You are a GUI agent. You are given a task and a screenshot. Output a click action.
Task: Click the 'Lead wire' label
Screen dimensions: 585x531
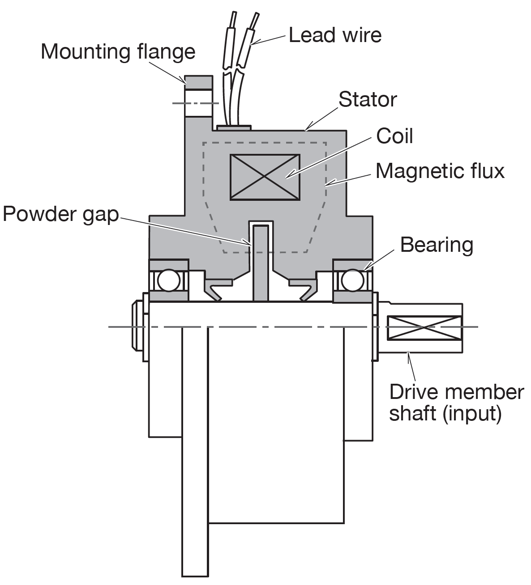coord(335,35)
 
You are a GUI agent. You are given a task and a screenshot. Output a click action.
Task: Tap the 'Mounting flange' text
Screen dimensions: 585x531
coord(118,52)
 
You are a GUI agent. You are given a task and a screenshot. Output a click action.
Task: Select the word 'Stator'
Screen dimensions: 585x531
coord(368,99)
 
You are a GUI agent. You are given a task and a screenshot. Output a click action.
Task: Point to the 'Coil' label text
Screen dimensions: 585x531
coord(394,136)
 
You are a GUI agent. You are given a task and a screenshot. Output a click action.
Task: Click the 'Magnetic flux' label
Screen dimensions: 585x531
coord(440,171)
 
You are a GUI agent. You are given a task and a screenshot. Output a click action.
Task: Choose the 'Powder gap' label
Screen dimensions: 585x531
coord(61,215)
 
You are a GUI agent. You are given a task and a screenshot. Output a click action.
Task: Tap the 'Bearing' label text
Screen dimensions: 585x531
coord(436,245)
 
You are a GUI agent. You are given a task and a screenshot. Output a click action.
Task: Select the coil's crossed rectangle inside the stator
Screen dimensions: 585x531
coord(264,177)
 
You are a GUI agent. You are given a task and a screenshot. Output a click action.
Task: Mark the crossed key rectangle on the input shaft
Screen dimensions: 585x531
coord(424,327)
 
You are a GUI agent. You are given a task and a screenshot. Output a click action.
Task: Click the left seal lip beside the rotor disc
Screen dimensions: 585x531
coord(216,288)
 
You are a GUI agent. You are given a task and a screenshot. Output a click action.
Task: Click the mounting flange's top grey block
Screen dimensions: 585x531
coord(197,82)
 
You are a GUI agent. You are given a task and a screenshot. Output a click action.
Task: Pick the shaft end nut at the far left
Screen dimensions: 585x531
coord(137,327)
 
